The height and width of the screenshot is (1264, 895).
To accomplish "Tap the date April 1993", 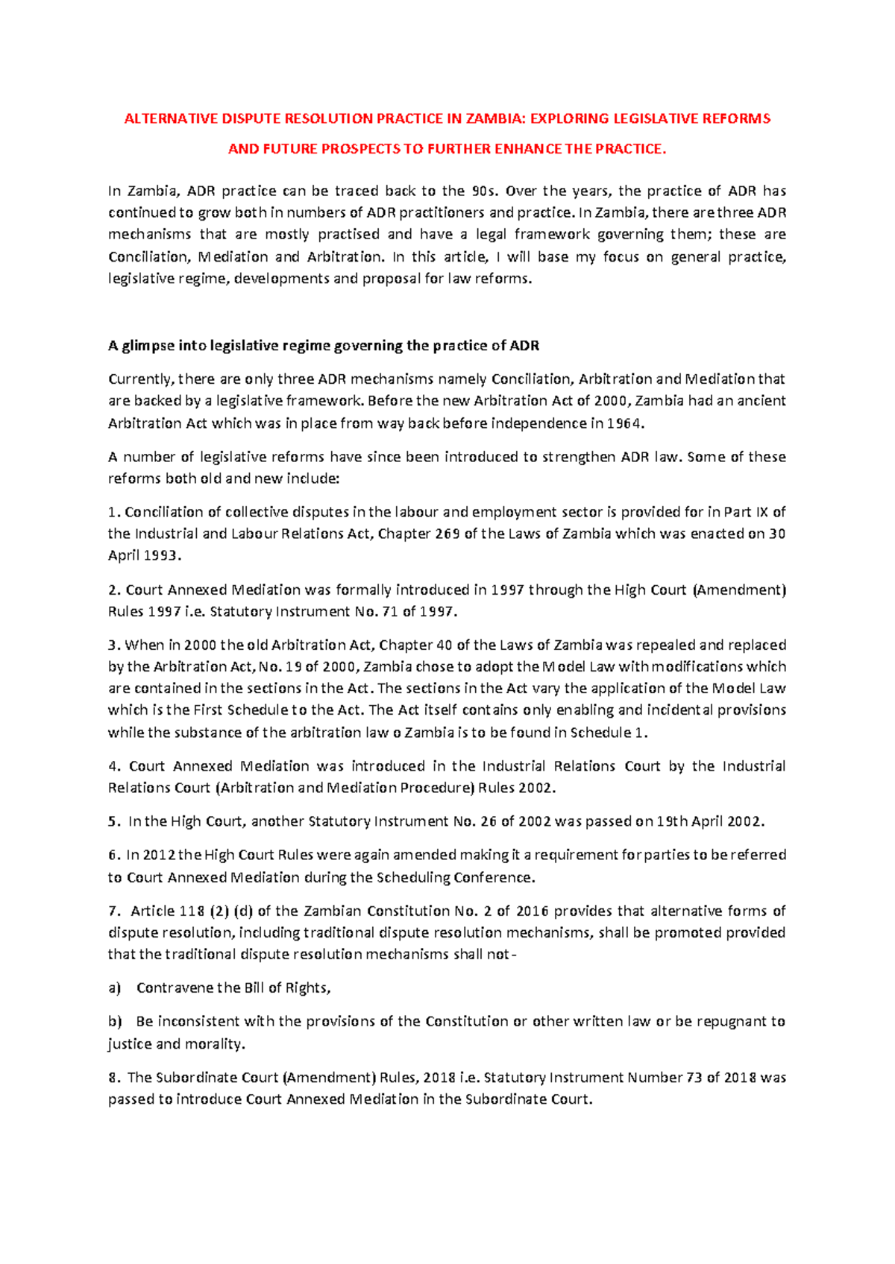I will point(144,556).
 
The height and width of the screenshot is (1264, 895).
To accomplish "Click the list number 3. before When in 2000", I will point(113,645).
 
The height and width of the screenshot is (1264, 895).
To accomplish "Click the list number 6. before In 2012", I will point(113,855).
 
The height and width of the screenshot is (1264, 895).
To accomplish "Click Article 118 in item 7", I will point(163,911).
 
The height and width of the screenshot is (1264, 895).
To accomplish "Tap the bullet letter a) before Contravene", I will point(114,988).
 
